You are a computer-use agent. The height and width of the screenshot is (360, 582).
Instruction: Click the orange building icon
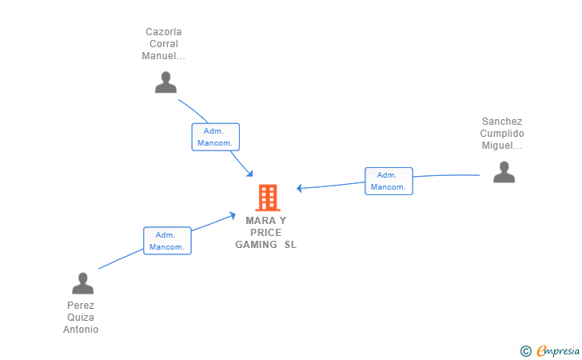click(268, 198)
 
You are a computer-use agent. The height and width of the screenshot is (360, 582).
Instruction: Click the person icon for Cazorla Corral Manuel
click(165, 82)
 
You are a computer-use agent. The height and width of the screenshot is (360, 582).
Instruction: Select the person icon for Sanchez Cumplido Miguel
click(504, 172)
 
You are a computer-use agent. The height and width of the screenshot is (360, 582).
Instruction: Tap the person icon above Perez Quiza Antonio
click(83, 283)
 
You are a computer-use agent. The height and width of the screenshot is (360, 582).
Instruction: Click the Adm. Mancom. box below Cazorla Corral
click(216, 137)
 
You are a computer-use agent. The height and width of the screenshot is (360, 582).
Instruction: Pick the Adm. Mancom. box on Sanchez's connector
click(389, 181)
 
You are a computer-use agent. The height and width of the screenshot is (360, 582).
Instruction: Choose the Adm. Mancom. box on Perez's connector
click(167, 241)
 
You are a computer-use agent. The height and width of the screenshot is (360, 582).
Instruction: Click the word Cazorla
click(164, 32)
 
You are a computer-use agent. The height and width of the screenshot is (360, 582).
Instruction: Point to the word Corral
click(164, 44)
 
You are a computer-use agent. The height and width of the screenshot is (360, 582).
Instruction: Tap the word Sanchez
click(502, 122)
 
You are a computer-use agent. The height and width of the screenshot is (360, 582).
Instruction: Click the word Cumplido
click(502, 134)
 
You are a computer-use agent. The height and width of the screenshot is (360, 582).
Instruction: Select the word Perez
click(81, 306)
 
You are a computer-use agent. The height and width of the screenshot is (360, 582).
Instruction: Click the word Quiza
click(81, 318)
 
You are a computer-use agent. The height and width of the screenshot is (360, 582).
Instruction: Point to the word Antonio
click(81, 330)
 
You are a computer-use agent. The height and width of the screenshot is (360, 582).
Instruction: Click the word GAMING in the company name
click(256, 245)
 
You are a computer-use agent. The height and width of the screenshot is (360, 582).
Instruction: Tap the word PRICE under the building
click(265, 233)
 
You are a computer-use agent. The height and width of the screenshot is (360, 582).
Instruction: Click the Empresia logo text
click(558, 350)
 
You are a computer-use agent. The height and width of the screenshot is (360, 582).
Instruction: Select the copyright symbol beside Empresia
click(525, 351)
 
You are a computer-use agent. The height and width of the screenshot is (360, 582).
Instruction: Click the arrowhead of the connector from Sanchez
click(300, 188)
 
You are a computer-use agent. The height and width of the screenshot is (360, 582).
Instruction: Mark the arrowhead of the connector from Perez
click(233, 215)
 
